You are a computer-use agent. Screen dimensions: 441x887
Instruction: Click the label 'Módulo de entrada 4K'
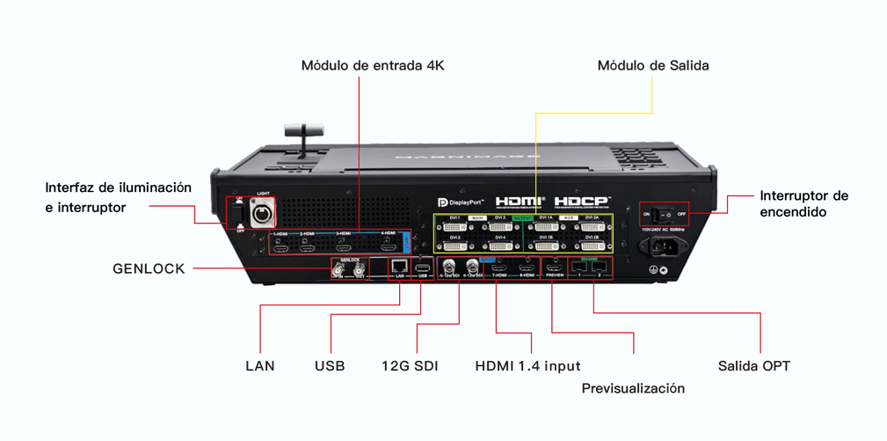(373, 66)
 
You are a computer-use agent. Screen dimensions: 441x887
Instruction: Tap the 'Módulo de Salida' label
(653, 66)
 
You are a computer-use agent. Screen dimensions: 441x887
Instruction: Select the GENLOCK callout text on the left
(149, 268)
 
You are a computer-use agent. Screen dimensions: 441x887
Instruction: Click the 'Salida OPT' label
(753, 365)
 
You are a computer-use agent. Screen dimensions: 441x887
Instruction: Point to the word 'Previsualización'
(633, 388)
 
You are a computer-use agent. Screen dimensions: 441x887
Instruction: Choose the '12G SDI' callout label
(410, 365)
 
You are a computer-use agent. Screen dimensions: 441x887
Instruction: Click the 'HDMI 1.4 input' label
(527, 365)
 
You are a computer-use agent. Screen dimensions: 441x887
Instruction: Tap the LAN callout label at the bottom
(259, 365)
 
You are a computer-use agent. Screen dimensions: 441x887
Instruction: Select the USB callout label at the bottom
(330, 365)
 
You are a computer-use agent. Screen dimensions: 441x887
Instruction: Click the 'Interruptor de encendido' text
(803, 203)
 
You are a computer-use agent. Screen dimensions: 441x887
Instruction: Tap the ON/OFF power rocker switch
(665, 213)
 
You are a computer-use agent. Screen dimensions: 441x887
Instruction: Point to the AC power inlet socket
(664, 246)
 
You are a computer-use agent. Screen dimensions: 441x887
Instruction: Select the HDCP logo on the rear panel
(583, 201)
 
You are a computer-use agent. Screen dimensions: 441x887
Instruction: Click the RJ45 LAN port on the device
(399, 265)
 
